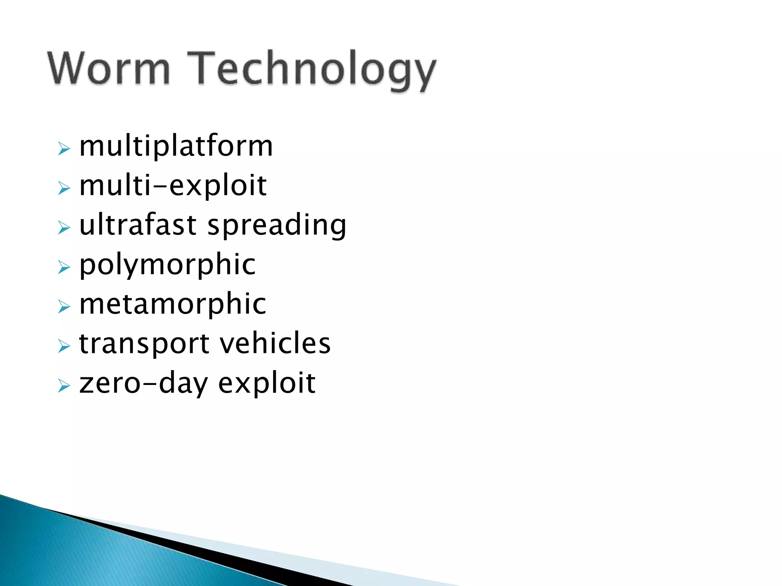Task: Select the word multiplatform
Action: pos(176,146)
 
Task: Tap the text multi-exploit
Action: pos(173,186)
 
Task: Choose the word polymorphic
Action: pos(167,266)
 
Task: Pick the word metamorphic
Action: pos(173,304)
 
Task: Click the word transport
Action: pos(144,344)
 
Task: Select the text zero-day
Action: pos(143,383)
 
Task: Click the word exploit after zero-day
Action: pos(267,383)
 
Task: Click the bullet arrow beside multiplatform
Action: pos(64,148)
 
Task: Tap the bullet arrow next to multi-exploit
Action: pos(64,188)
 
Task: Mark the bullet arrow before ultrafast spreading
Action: pos(64,228)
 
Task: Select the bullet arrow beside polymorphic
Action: pos(64,267)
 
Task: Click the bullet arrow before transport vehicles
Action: pos(64,346)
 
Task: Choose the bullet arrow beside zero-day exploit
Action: pos(64,386)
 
